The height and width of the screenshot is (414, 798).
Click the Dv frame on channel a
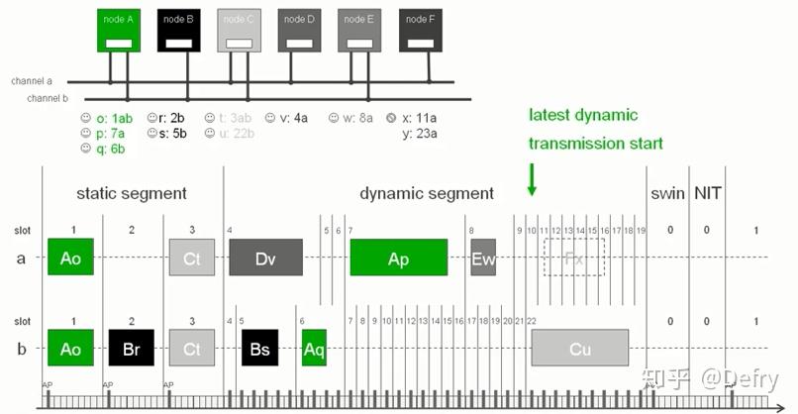point(265,258)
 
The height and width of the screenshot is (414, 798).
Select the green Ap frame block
point(398,258)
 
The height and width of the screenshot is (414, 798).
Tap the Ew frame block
point(482,258)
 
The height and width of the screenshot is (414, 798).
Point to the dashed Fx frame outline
point(574,258)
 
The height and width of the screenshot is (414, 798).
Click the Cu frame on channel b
point(579,348)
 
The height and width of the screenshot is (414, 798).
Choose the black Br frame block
point(132,348)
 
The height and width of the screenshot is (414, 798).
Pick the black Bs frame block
point(259,348)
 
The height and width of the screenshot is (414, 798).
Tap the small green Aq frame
point(314,348)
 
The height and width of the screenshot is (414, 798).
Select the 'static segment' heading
point(132,193)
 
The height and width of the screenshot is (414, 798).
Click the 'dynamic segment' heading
point(426,193)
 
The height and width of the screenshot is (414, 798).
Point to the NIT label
point(707,192)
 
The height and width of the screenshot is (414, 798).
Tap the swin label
point(667,192)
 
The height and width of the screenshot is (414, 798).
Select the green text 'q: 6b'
point(103,150)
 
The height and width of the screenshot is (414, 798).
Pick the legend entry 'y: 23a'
point(420,133)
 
